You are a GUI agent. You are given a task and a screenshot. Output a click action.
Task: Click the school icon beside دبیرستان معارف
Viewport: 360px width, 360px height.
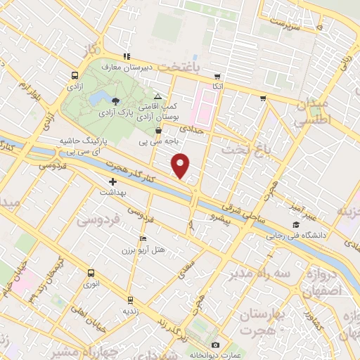click(x=126, y=56)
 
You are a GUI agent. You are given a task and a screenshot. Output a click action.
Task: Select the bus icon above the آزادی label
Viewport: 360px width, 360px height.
click(x=75, y=75)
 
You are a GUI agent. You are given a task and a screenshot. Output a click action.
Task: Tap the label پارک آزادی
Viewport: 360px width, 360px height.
click(x=116, y=112)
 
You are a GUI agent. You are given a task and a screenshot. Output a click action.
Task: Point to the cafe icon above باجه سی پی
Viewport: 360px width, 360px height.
click(x=158, y=130)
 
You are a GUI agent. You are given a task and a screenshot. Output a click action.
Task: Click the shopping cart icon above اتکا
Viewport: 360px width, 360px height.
click(x=218, y=76)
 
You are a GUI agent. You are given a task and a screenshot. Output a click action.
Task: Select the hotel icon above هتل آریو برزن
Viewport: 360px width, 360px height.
click(x=143, y=239)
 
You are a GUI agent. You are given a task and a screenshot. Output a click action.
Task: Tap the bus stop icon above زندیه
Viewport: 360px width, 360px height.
click(x=129, y=299)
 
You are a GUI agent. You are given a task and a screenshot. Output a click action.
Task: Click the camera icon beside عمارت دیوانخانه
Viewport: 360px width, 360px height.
click(x=215, y=345)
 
